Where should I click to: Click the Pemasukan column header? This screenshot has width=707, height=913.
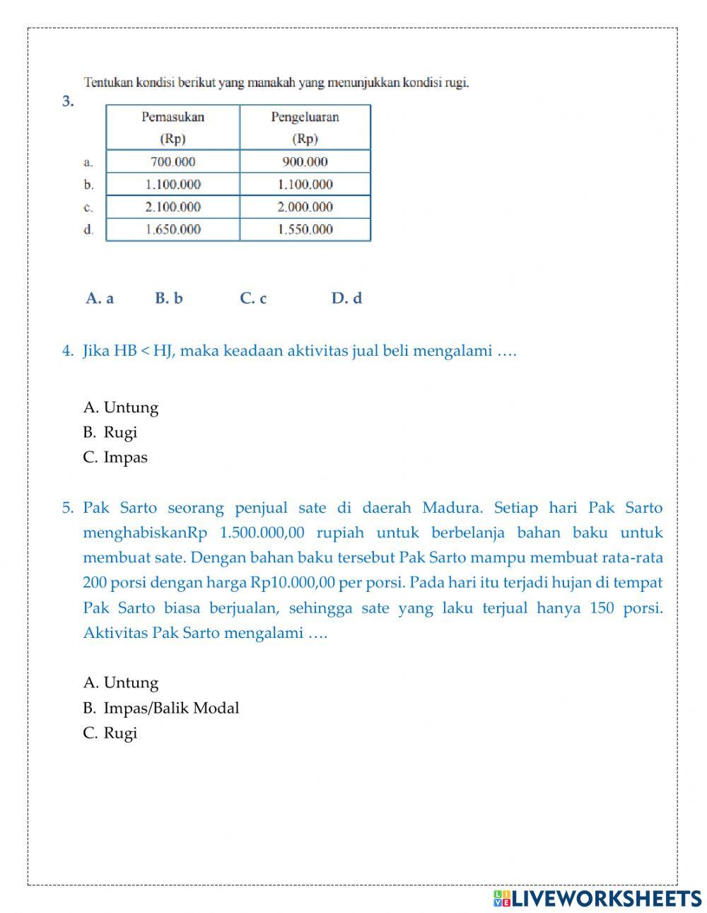(173, 127)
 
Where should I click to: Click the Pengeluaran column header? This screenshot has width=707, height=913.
(305, 127)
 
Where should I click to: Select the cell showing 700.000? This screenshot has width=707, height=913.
(173, 161)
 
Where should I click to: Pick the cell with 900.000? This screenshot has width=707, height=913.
(305, 161)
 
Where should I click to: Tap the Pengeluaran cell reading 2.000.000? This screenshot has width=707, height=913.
(305, 207)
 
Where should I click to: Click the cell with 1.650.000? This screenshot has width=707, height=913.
(173, 229)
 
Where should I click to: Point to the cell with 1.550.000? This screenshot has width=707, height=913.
(305, 229)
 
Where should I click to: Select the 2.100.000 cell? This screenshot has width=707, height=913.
(173, 207)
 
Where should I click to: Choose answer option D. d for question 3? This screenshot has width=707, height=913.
(346, 298)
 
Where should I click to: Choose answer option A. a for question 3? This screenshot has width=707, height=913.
(100, 298)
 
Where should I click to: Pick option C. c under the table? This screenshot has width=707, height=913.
(253, 298)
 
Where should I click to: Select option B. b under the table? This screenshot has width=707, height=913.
(169, 298)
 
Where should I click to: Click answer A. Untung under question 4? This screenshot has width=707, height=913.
(121, 407)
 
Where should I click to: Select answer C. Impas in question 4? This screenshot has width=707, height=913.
(115, 457)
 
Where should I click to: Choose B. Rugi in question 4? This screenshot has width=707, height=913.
(110, 432)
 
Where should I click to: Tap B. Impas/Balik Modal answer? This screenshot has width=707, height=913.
(161, 708)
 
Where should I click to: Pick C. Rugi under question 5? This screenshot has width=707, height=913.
(110, 733)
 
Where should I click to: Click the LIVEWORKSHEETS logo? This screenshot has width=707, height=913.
(597, 898)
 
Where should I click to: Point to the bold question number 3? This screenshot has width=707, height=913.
(68, 101)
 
